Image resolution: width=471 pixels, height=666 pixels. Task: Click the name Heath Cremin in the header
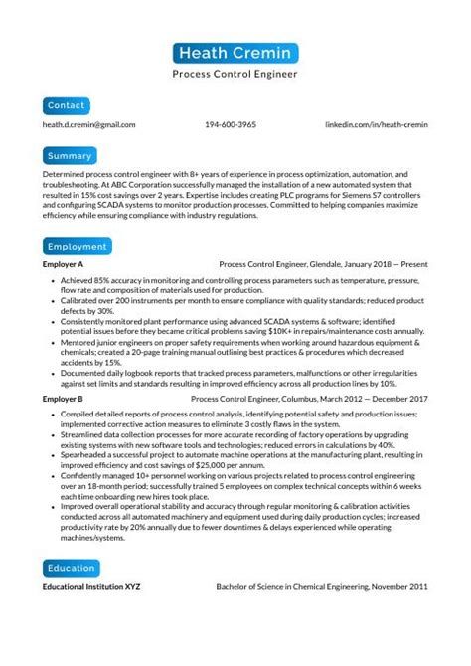(235, 53)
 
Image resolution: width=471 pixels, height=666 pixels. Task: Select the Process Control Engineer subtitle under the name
(235, 74)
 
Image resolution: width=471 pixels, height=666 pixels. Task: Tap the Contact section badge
(66, 104)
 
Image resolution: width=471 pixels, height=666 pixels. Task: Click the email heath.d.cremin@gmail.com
(89, 125)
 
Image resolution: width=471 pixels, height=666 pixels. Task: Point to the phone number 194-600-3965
(231, 125)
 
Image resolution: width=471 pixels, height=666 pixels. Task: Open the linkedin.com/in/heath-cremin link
(378, 125)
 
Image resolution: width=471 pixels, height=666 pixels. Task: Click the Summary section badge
(70, 156)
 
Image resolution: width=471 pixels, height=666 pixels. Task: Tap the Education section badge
(73, 568)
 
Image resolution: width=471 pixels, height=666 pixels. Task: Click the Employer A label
(63, 266)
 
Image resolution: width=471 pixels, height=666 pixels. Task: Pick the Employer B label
(63, 398)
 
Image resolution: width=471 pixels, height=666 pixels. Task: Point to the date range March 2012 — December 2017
(379, 398)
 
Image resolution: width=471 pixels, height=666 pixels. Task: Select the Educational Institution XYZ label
(91, 587)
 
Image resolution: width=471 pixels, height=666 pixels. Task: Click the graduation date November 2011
(396, 587)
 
